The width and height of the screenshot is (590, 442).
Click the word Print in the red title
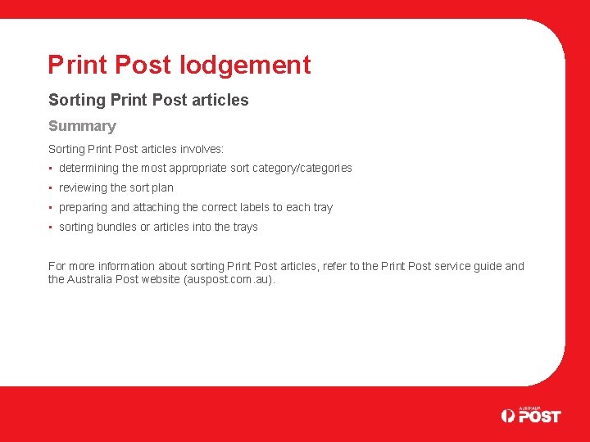pyautogui.click(x=76, y=65)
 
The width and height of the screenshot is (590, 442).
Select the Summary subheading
pyautogui.click(x=82, y=126)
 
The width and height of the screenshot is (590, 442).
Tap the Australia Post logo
pyautogui.click(x=531, y=414)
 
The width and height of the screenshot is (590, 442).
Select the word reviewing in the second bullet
pyautogui.click(x=83, y=188)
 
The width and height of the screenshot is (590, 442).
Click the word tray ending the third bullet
pyautogui.click(x=322, y=208)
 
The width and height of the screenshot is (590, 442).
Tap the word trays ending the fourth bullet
pyautogui.click(x=244, y=228)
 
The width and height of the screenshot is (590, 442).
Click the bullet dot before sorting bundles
pyautogui.click(x=51, y=228)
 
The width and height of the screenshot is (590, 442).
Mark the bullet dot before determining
pyautogui.click(x=51, y=169)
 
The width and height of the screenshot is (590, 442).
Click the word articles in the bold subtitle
pyautogui.click(x=222, y=100)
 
